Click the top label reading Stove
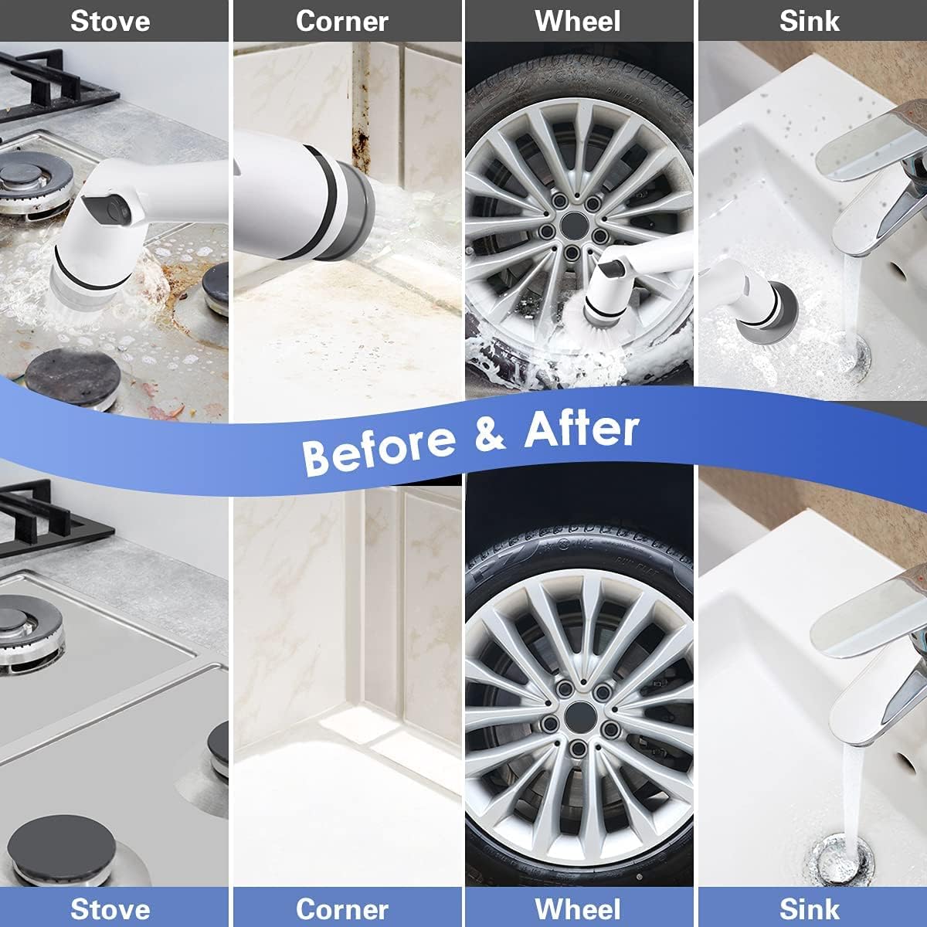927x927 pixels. (x=110, y=21)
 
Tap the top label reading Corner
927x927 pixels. (x=342, y=21)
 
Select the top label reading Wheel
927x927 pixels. (x=578, y=21)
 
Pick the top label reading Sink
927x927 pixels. (x=810, y=21)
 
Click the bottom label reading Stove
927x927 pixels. (x=110, y=908)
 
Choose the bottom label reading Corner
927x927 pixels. (x=342, y=908)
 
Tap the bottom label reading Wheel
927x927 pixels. (x=578, y=908)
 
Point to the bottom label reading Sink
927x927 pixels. (x=810, y=908)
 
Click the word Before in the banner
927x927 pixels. (x=379, y=448)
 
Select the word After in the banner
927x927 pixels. (x=582, y=429)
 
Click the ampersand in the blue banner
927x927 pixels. (x=489, y=434)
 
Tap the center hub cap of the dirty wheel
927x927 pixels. (x=573, y=226)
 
